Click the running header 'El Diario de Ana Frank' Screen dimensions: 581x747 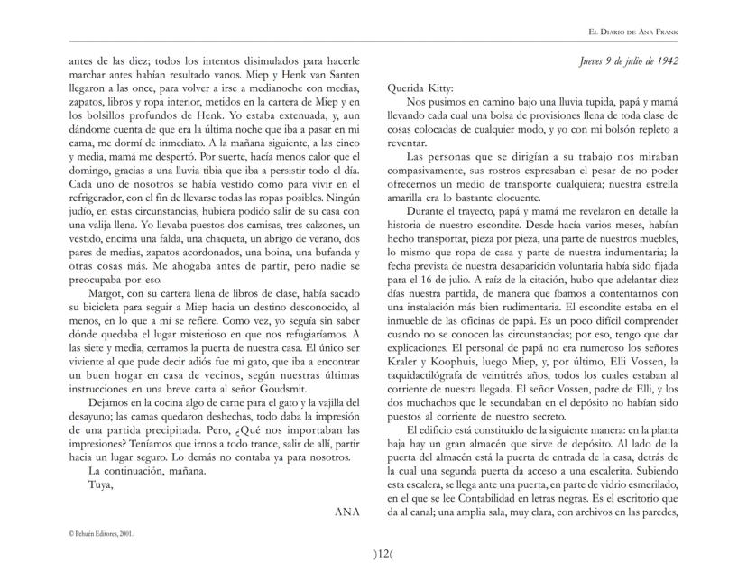click(633, 32)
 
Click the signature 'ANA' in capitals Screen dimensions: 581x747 click(347, 511)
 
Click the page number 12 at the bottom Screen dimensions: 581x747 click(373, 552)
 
